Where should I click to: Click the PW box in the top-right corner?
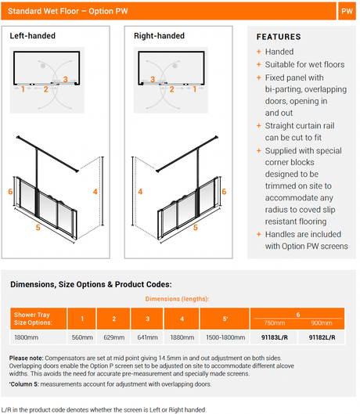pos(347,11)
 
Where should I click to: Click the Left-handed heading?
pos(33,36)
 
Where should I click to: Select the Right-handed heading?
pos(159,36)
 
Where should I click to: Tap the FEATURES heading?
pos(279,37)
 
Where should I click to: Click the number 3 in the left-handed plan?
pos(66,79)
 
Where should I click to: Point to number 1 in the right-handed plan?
pos(195,89)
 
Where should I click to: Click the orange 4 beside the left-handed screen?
pos(95,192)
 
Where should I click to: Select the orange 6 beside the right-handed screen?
pos(224,192)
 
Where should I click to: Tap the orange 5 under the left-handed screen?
pos(38,227)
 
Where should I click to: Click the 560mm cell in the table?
pos(82,337)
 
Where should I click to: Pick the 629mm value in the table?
pos(113,337)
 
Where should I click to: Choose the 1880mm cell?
pos(182,337)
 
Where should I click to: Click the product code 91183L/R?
pos(275,337)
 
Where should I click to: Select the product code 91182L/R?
pos(322,337)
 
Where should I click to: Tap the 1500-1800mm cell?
pos(225,337)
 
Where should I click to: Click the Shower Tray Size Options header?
pos(33,319)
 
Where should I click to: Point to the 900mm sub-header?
pos(322,323)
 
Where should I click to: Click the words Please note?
pos(26,358)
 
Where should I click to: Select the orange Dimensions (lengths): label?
pos(177,299)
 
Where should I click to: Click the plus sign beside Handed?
pos(259,52)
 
